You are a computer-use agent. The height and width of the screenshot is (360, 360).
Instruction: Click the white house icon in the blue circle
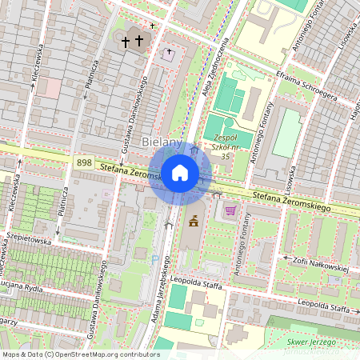click(x=180, y=172)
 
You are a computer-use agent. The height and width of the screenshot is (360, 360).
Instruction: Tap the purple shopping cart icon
click(x=230, y=210)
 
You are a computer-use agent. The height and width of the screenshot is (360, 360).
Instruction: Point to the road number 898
click(x=82, y=162)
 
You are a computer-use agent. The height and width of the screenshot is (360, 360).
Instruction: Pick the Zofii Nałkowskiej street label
click(x=318, y=264)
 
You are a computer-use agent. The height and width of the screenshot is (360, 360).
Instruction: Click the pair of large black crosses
click(x=132, y=40)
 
